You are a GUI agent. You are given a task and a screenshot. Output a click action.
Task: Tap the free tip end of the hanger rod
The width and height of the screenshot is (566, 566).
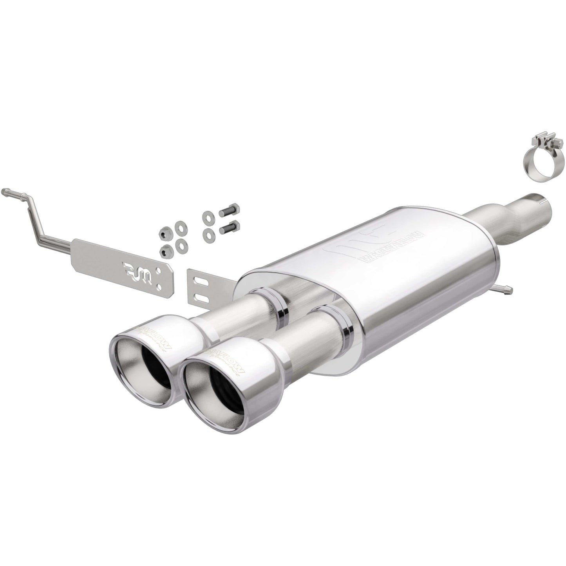(x=5, y=192)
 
